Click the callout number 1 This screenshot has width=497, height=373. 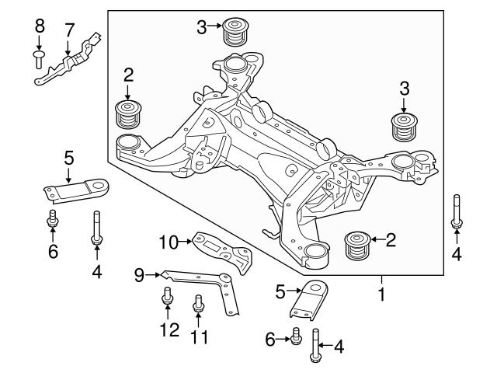(381, 296)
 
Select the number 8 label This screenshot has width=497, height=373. (40, 30)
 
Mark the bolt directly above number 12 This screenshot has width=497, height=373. (167, 298)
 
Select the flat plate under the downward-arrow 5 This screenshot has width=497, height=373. (74, 190)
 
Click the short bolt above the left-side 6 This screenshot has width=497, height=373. (53, 218)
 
